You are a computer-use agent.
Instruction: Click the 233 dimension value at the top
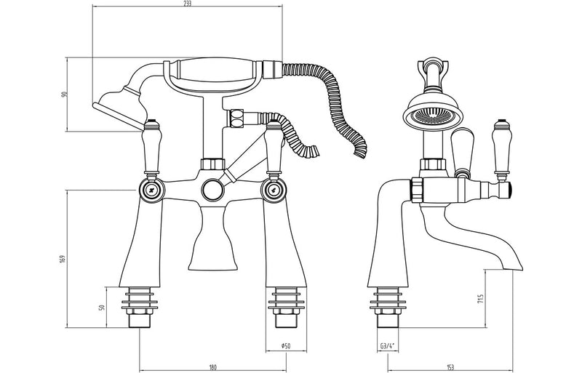(x=187, y=4)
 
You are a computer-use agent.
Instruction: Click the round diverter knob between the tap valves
(x=212, y=190)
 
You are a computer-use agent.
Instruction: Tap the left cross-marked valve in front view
(x=151, y=190)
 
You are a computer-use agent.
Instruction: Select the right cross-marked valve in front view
(x=276, y=190)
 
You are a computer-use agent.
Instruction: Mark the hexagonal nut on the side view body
(x=418, y=190)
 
